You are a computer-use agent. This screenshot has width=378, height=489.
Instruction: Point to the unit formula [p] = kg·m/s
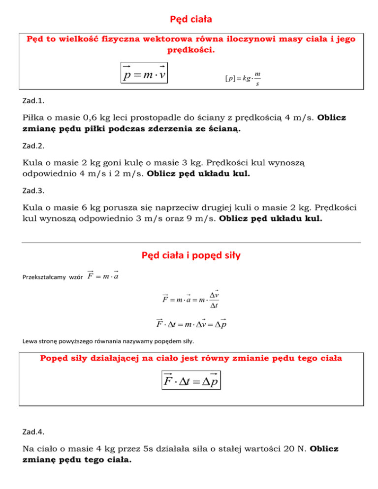(243, 79)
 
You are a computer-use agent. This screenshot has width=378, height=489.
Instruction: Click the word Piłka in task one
(34, 119)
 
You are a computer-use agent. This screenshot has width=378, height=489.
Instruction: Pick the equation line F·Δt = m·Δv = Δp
(191, 325)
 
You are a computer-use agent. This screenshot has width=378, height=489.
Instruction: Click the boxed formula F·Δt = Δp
(190, 380)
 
